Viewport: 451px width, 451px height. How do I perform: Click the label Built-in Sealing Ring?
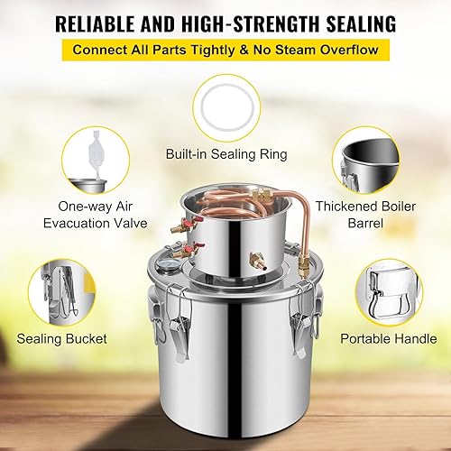[x=226, y=155]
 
